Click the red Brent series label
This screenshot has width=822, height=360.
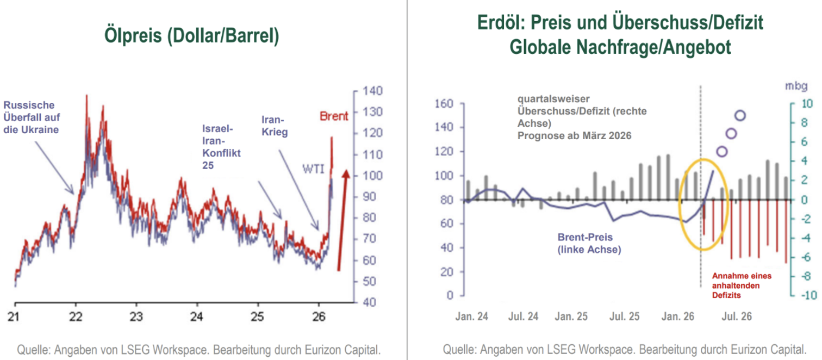click(x=333, y=116)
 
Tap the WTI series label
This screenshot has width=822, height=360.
click(x=314, y=169)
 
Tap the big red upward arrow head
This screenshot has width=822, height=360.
click(x=345, y=175)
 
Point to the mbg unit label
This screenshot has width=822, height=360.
click(x=792, y=86)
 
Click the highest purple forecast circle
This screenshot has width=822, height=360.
click(x=740, y=115)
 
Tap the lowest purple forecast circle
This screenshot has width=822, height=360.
click(x=722, y=152)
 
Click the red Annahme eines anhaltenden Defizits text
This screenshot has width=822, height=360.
click(x=742, y=285)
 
